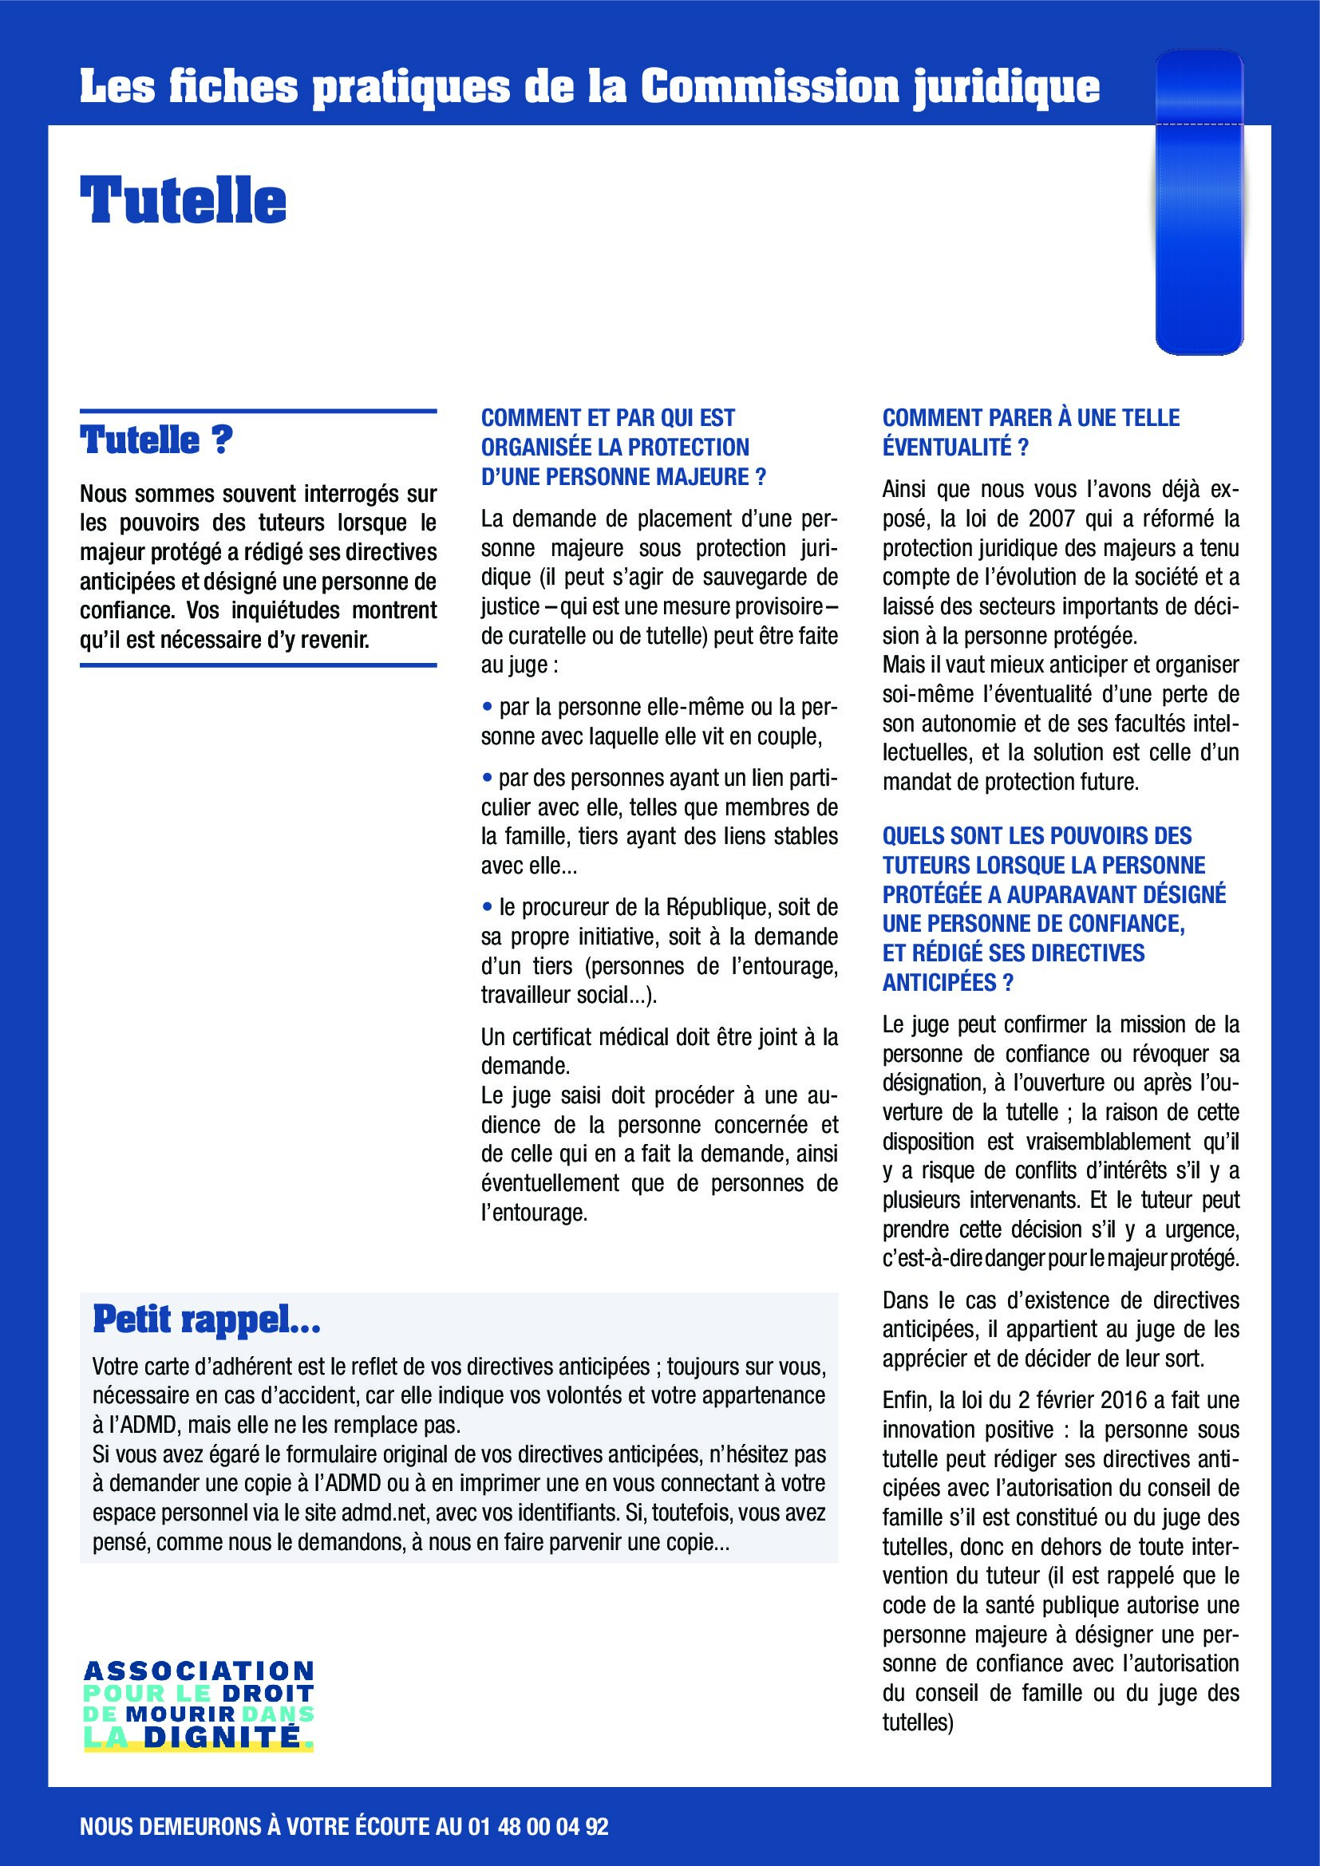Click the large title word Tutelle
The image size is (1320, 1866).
point(183,200)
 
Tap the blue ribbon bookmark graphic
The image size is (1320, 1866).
point(1199,203)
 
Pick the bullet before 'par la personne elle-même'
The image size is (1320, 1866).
point(488,707)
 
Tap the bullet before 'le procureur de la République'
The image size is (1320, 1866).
point(488,906)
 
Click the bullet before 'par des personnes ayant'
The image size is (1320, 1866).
point(488,778)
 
